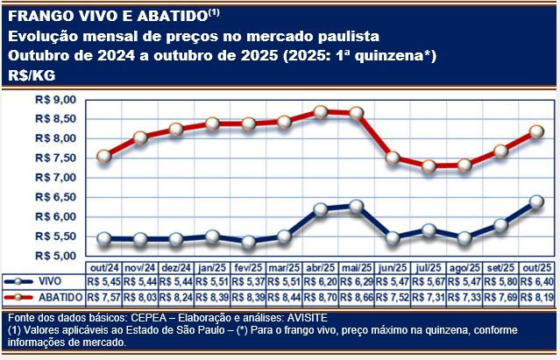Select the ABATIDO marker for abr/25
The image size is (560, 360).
(321, 111)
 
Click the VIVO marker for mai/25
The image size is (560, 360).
(357, 207)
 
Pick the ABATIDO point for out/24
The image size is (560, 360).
(104, 156)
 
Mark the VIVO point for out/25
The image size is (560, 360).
(536, 202)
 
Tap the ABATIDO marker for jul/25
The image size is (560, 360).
(429, 166)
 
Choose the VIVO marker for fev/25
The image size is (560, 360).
(249, 242)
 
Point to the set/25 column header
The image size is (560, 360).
(500, 266)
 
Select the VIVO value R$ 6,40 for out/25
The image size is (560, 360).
(535, 281)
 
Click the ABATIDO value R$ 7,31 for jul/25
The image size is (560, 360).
(428, 297)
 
